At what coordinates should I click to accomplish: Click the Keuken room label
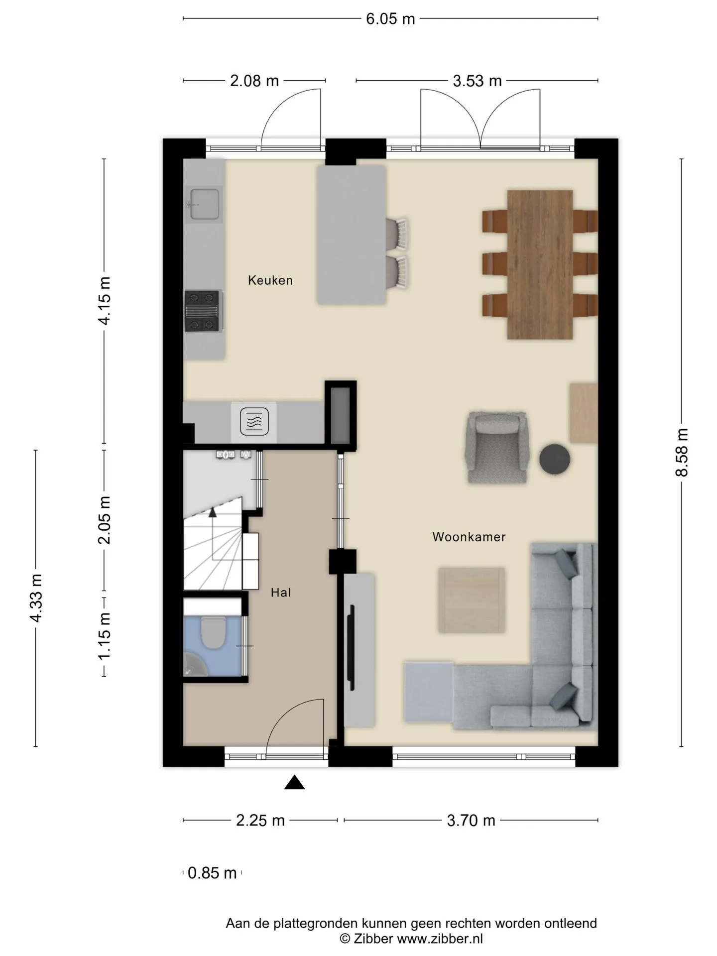[x=270, y=280]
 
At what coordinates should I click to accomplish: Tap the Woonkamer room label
[x=469, y=537]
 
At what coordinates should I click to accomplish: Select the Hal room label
[x=281, y=593]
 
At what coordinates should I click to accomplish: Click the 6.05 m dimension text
[x=390, y=19]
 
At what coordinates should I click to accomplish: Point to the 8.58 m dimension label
[x=682, y=452]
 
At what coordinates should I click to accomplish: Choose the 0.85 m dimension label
[x=212, y=873]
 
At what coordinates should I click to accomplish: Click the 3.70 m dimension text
[x=471, y=820]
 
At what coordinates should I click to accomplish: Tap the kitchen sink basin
[x=203, y=203]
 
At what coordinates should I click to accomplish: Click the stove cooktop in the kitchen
[x=203, y=311]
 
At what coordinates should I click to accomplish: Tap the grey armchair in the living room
[x=496, y=447]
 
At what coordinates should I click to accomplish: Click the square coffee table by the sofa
[x=471, y=600]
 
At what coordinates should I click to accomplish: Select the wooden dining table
[x=540, y=264]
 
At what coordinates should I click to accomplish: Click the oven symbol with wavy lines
[x=254, y=422]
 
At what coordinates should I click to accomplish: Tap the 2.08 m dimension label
[x=254, y=81]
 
